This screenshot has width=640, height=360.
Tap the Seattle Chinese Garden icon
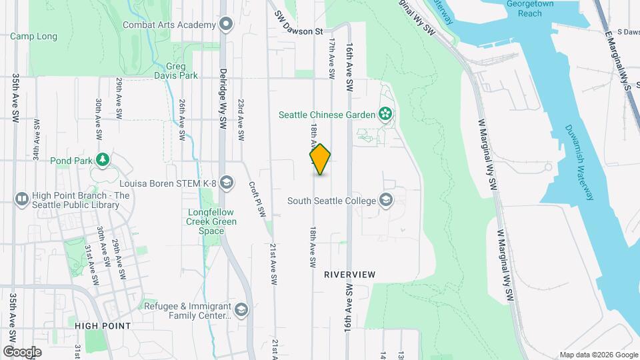(x=385, y=115)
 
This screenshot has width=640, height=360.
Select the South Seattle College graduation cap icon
(x=385, y=200)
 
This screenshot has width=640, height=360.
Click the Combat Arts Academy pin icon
(x=226, y=25)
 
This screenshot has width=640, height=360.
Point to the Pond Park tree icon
(x=102, y=160)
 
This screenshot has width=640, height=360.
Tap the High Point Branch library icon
(x=22, y=199)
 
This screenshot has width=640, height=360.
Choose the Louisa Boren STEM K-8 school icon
(x=226, y=183)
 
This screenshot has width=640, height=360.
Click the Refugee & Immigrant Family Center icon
(x=241, y=310)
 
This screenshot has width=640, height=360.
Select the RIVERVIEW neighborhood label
(x=350, y=274)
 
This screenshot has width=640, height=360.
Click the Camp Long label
(x=33, y=36)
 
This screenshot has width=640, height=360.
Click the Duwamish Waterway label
(x=579, y=163)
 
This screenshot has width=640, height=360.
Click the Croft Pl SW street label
(x=257, y=199)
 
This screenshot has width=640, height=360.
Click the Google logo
(x=22, y=351)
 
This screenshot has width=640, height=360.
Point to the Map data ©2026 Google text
(x=598, y=355)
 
